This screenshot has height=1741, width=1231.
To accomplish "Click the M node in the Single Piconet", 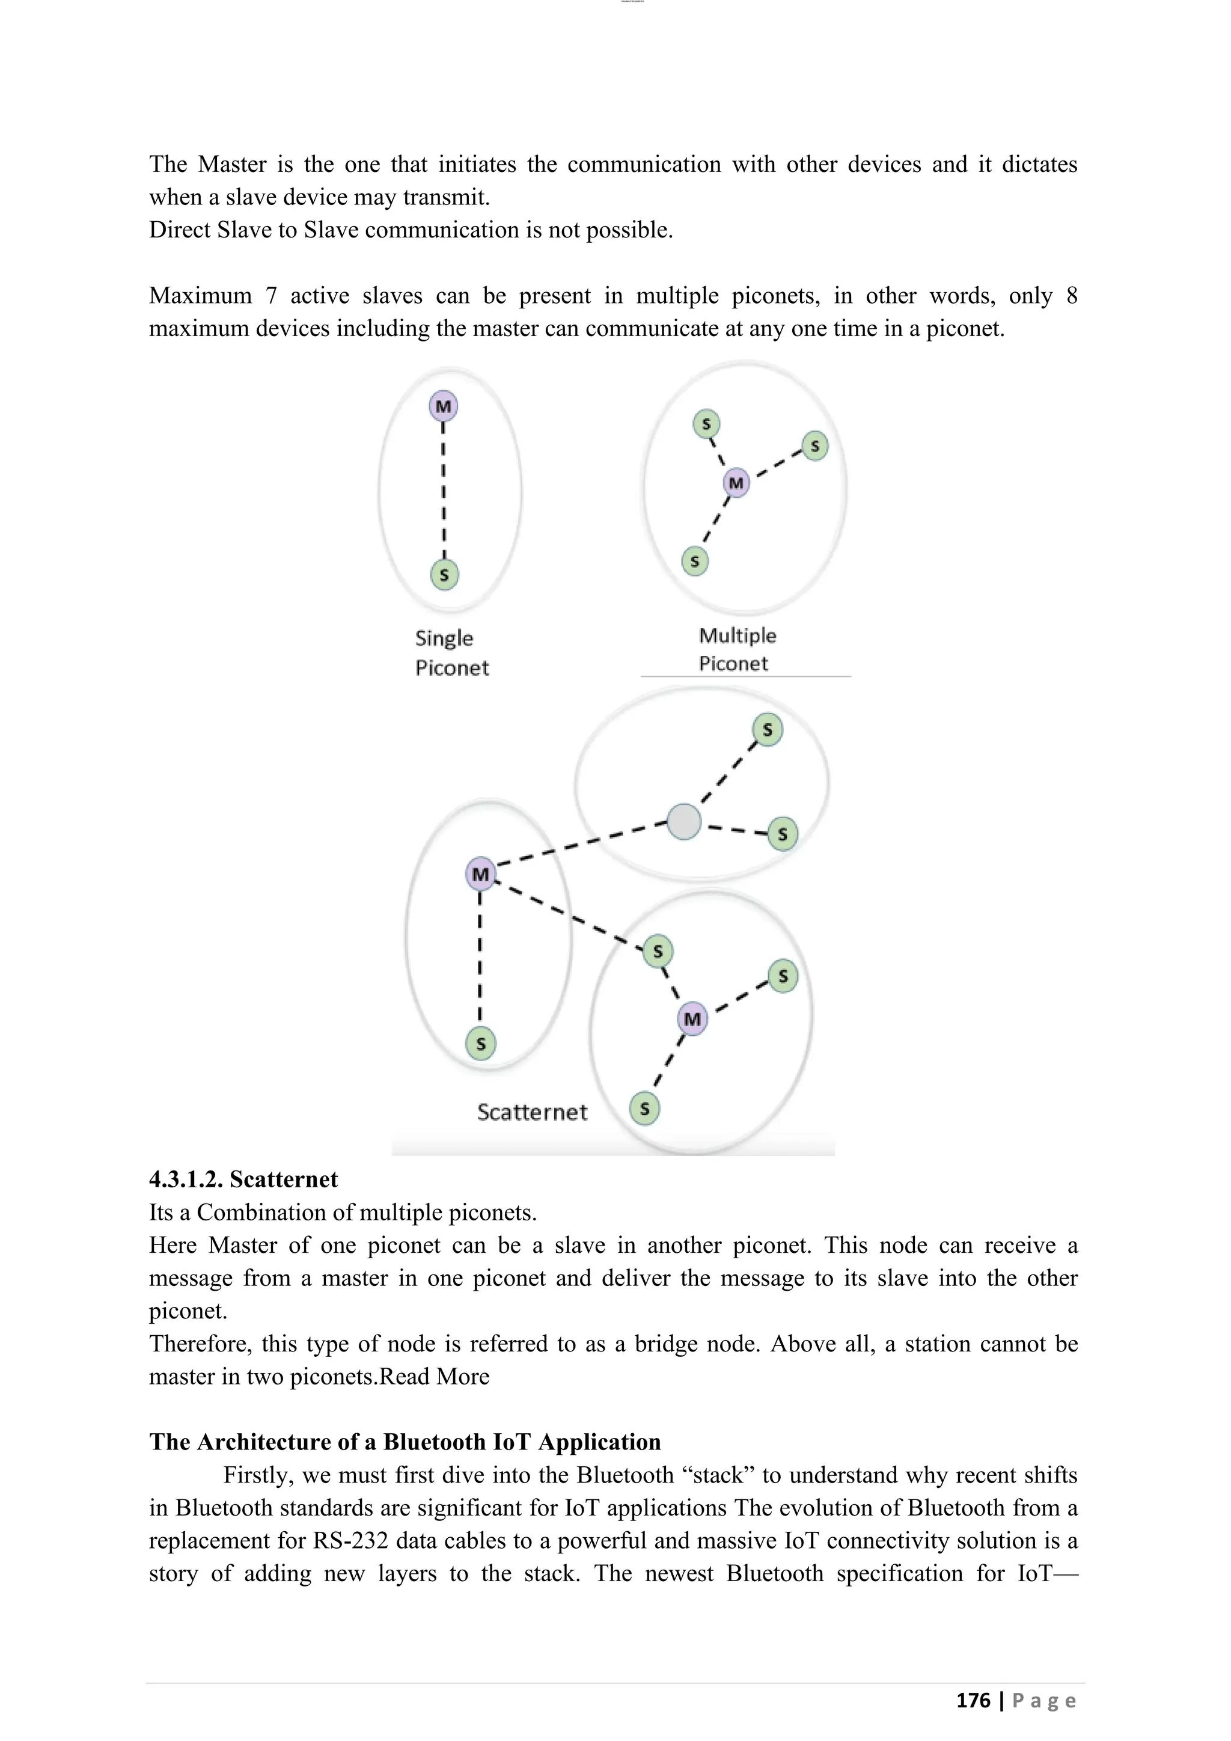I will coord(444,406).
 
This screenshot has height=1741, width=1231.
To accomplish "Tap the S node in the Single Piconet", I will coord(444,575).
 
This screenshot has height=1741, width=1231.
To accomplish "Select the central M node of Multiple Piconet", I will coord(736,483).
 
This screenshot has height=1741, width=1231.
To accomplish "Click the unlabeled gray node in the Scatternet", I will coord(683,821).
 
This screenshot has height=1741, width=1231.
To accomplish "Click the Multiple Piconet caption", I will coord(737,649).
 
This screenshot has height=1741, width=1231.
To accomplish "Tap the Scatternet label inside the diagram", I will coord(532,1112).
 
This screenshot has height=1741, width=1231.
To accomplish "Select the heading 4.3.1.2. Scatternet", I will coord(243,1180).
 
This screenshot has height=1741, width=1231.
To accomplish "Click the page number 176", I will coord(973,1700).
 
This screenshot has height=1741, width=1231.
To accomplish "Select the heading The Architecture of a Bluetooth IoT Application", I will coord(405,1442).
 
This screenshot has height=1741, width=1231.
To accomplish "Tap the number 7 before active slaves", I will coord(270,296).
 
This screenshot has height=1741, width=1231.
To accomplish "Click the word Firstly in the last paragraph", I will coord(258,1475).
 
